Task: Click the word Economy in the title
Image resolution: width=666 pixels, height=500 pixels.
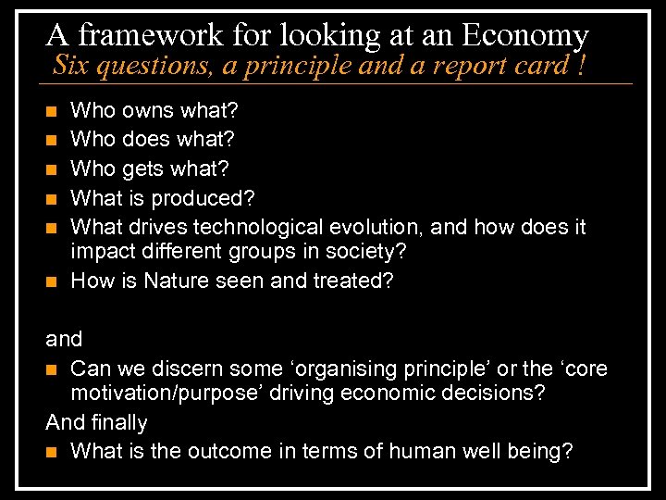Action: [524, 35]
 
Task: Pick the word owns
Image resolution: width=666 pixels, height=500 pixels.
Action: [149, 111]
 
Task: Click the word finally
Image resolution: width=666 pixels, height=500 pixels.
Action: [118, 422]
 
